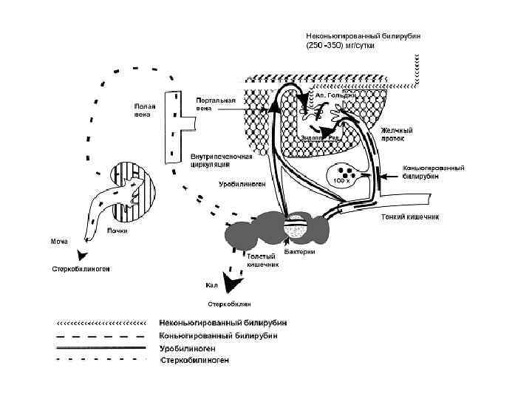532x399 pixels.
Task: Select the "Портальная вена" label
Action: (216, 104)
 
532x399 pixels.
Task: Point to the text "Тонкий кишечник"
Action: (410, 217)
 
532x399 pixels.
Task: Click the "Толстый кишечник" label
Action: (262, 259)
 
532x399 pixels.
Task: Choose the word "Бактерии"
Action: (299, 252)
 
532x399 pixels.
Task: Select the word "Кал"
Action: (211, 284)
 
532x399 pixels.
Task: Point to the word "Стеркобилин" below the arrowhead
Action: (229, 304)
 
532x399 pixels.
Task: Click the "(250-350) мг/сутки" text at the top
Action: (341, 45)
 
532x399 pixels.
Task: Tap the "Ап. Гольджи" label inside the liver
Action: (336, 95)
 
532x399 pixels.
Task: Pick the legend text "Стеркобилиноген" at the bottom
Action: (195, 360)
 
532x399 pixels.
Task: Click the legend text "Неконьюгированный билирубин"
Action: (223, 323)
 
